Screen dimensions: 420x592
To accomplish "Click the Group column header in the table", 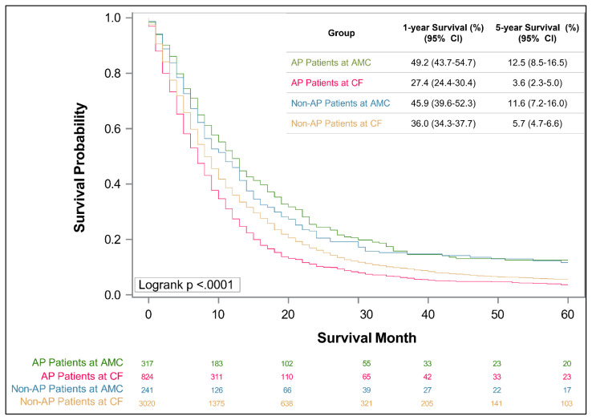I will pos(341,34).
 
